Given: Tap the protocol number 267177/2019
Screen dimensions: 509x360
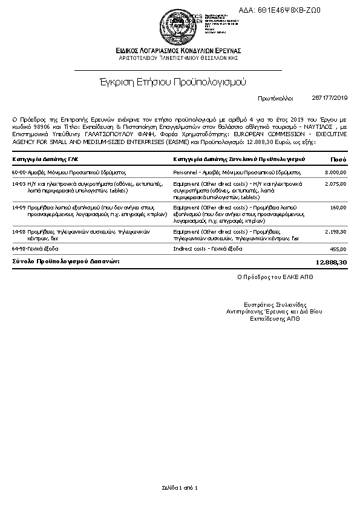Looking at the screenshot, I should click(x=330, y=97).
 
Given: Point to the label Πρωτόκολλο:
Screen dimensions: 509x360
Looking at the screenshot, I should click(x=275, y=97).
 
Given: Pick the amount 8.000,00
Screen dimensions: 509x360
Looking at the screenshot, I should click(x=336, y=172).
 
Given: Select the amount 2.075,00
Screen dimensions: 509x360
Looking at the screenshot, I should click(x=336, y=183).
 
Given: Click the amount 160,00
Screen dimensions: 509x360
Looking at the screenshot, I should click(x=339, y=208).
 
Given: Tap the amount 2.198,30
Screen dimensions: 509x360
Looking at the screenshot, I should click(x=336, y=232).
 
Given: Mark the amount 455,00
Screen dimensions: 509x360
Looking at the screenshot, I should click(x=339, y=249).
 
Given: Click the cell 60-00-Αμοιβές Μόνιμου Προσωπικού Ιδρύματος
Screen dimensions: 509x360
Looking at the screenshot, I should click(x=68, y=172).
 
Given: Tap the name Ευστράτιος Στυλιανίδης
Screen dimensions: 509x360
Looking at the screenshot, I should click(x=274, y=304).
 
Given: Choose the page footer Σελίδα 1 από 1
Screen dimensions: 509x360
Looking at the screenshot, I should click(x=180, y=487).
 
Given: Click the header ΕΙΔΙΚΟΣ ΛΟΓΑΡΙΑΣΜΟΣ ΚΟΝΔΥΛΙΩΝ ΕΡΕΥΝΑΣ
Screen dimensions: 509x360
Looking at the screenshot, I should click(x=180, y=50).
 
